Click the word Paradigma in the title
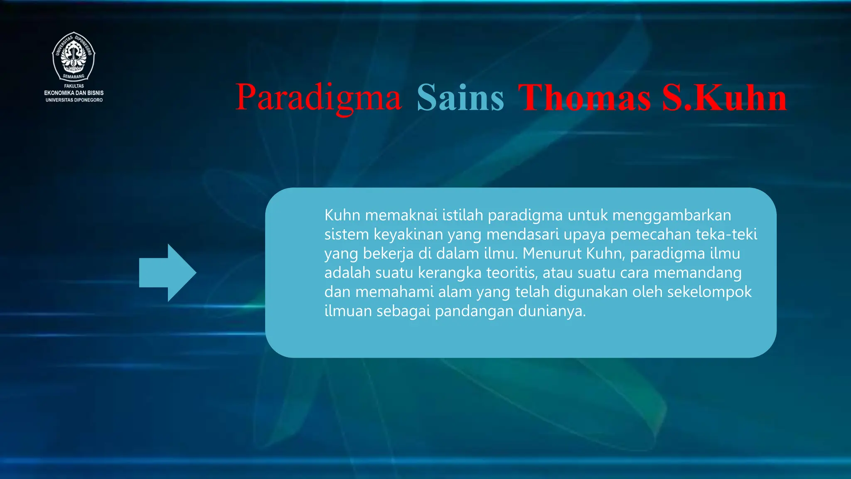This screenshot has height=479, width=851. (x=318, y=98)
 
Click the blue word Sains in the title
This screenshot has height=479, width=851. (x=460, y=98)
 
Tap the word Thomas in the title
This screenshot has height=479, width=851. (x=584, y=98)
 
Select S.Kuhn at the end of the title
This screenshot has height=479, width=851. (x=724, y=98)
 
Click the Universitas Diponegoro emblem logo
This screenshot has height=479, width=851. (x=74, y=56)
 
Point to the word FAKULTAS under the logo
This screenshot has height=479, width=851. (x=74, y=86)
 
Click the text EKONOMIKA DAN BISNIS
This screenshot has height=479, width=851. (x=74, y=93)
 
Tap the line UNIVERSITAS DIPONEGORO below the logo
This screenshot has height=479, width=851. (x=74, y=100)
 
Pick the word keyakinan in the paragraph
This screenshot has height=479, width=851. (x=408, y=235)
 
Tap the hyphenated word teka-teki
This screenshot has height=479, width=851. (x=726, y=235)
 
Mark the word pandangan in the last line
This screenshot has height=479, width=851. (x=474, y=311)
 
